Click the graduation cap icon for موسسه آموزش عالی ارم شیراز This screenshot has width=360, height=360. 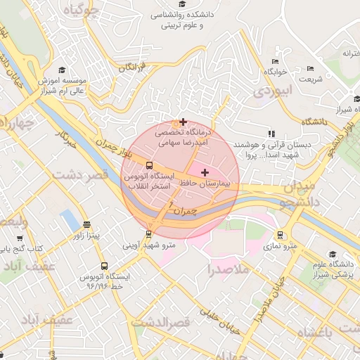(x=62, y=70)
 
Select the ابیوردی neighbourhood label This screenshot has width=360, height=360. (x=271, y=91)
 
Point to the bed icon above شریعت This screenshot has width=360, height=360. (x=311, y=69)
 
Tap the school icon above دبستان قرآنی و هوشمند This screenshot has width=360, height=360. (x=271, y=134)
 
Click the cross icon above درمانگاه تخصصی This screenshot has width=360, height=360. (x=184, y=122)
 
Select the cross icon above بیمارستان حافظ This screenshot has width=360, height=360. (x=205, y=173)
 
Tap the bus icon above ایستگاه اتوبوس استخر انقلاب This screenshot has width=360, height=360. (x=148, y=166)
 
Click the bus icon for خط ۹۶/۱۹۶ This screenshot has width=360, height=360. (x=104, y=266)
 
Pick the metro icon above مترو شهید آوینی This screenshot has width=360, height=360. (x=148, y=234)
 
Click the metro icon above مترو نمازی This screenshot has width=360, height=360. (x=281, y=236)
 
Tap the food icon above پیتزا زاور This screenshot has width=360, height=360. (x=86, y=226)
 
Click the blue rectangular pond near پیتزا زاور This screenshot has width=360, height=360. (x=70, y=220)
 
